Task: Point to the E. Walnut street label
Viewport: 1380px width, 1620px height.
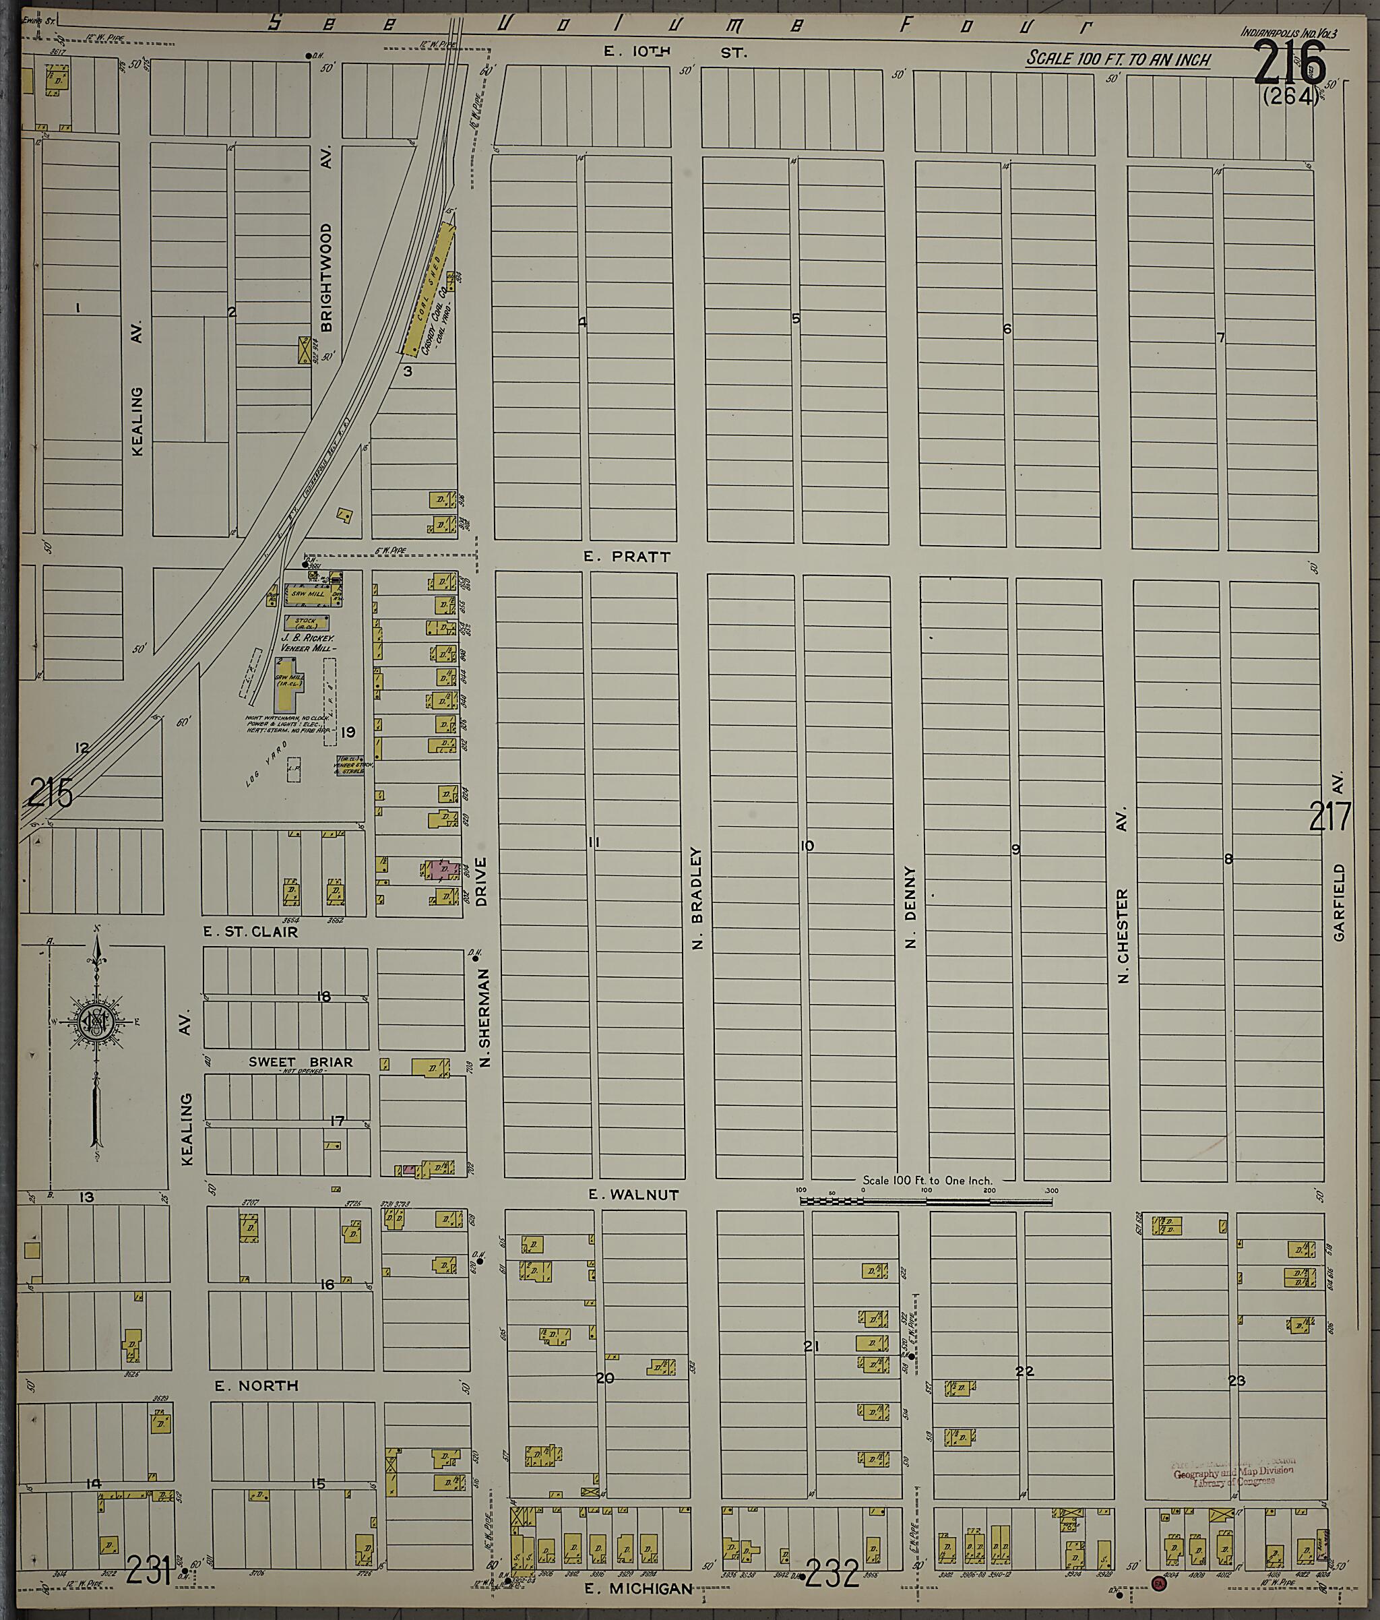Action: click(x=634, y=1195)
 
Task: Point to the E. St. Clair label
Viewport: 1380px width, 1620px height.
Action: click(x=250, y=932)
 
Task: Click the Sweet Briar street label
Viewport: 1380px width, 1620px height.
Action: click(x=301, y=1062)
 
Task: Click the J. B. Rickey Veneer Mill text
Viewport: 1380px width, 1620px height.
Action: click(x=309, y=643)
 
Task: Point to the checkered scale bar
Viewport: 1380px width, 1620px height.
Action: click(x=925, y=1200)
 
